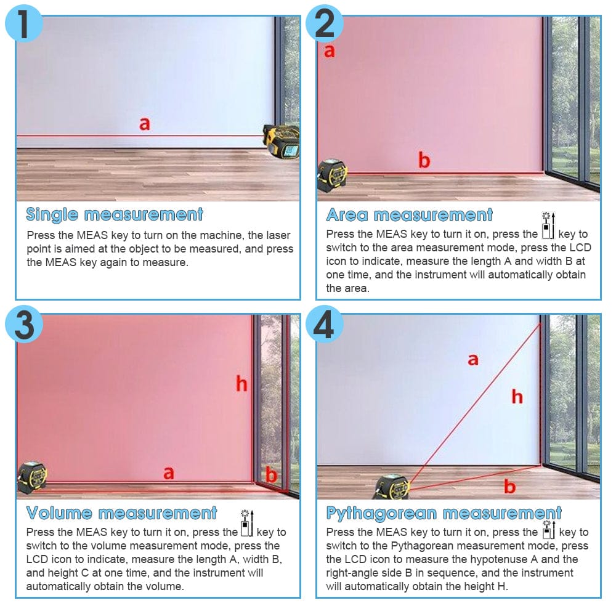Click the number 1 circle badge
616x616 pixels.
[x=23, y=23]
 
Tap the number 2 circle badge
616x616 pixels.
[x=325, y=23]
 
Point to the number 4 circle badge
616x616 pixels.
[x=325, y=324]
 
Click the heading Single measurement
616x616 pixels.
[x=115, y=214]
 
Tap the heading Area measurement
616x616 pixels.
[x=409, y=215]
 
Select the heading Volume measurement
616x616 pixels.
[x=121, y=513]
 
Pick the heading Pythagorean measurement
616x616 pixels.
[x=444, y=513]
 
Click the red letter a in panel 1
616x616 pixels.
[x=145, y=124]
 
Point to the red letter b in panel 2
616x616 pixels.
[x=424, y=160]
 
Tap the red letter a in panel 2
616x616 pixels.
[x=329, y=51]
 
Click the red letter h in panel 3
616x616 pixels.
[x=241, y=384]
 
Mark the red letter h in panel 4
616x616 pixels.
[x=517, y=397]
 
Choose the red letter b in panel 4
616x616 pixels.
[x=509, y=487]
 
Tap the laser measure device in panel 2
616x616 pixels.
[x=333, y=176]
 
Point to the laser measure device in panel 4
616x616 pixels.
[x=392, y=487]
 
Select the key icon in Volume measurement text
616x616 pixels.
[x=247, y=523]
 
